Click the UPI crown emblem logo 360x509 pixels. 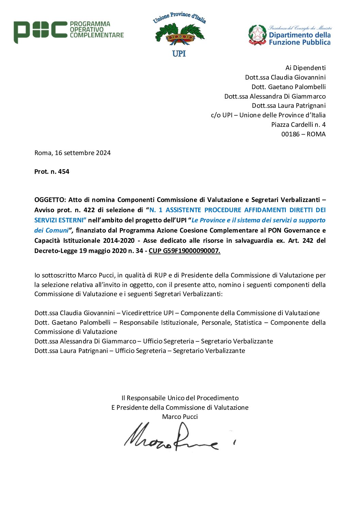coord(180,34)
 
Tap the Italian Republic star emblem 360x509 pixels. coord(257,35)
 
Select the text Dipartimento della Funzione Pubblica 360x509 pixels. coord(299,38)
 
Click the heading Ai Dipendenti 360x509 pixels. coord(305,68)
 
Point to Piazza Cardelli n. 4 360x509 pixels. coord(298,124)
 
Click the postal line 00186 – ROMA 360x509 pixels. coord(303,134)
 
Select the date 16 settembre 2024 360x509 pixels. coord(83,153)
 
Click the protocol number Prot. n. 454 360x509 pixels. coord(52,172)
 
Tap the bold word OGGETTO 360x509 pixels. coord(50,200)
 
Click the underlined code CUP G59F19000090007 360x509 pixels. coord(184,251)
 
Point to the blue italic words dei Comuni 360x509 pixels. coord(51,231)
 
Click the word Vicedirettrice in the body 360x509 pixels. coord(142,313)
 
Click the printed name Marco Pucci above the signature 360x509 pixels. coord(180,417)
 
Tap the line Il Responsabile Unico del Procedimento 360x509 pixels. coord(180,398)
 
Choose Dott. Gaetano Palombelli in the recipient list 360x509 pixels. coord(289,87)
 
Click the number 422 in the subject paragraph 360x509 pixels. coord(89,210)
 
